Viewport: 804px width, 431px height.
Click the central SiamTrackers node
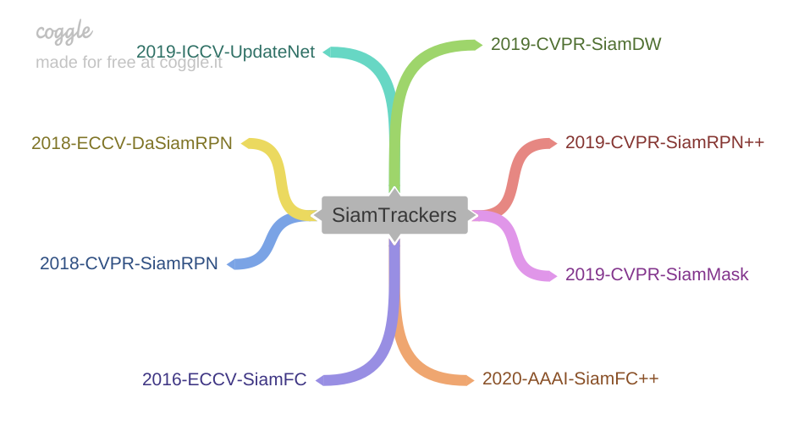coord(394,215)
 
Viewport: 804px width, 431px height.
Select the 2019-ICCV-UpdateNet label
coord(225,52)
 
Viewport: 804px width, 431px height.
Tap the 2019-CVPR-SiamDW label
coord(576,43)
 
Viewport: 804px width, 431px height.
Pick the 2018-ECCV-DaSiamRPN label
coord(131,142)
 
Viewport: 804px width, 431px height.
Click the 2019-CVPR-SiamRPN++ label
coord(664,141)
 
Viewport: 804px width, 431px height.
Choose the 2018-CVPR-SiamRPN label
coord(129,262)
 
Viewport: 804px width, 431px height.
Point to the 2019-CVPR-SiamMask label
coord(656,274)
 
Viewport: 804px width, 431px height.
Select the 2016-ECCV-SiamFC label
coord(224,379)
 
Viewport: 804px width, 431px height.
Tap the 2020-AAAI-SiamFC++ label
coord(570,378)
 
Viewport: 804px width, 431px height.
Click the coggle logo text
coord(64,32)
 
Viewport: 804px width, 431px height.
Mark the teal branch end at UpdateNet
coord(331,52)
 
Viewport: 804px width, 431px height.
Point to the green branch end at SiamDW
coord(477,43)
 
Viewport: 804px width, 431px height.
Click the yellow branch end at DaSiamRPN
coord(247,142)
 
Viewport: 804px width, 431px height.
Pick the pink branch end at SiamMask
coord(551,274)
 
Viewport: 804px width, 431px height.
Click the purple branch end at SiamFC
coord(322,379)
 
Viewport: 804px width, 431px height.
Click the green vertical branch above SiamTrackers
coord(394,144)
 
